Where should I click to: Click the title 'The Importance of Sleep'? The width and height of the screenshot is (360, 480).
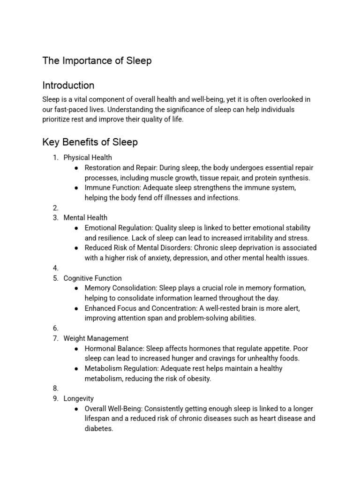(x=97, y=60)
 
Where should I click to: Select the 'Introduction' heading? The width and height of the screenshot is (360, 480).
(x=68, y=85)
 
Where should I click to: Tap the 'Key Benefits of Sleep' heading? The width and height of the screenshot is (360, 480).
(x=90, y=142)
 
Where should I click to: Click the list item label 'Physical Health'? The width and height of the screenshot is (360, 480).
(x=88, y=157)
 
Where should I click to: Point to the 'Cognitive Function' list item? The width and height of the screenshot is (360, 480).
(x=92, y=278)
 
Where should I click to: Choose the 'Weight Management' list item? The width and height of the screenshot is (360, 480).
(x=96, y=338)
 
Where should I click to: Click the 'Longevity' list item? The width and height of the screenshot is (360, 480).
(x=78, y=398)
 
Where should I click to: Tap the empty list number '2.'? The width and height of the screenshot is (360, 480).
(x=56, y=208)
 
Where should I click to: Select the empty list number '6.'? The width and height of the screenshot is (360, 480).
(x=56, y=328)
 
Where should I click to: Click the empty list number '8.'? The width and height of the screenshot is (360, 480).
(x=56, y=388)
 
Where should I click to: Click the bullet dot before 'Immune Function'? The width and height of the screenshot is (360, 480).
(x=76, y=187)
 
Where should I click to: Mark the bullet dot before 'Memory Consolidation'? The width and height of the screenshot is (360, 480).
(x=76, y=288)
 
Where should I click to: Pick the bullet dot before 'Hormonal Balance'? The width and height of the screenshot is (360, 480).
(x=76, y=349)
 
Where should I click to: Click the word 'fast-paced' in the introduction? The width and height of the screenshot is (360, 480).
(x=71, y=109)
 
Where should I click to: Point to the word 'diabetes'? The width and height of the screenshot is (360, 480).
(x=99, y=428)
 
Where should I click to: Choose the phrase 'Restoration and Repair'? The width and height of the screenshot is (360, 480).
(x=120, y=168)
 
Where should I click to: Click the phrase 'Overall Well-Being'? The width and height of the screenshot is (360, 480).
(x=113, y=409)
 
